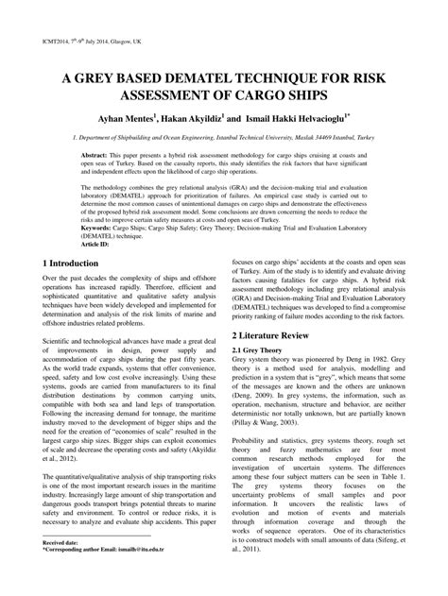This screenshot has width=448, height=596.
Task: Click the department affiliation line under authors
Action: click(223, 138)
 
